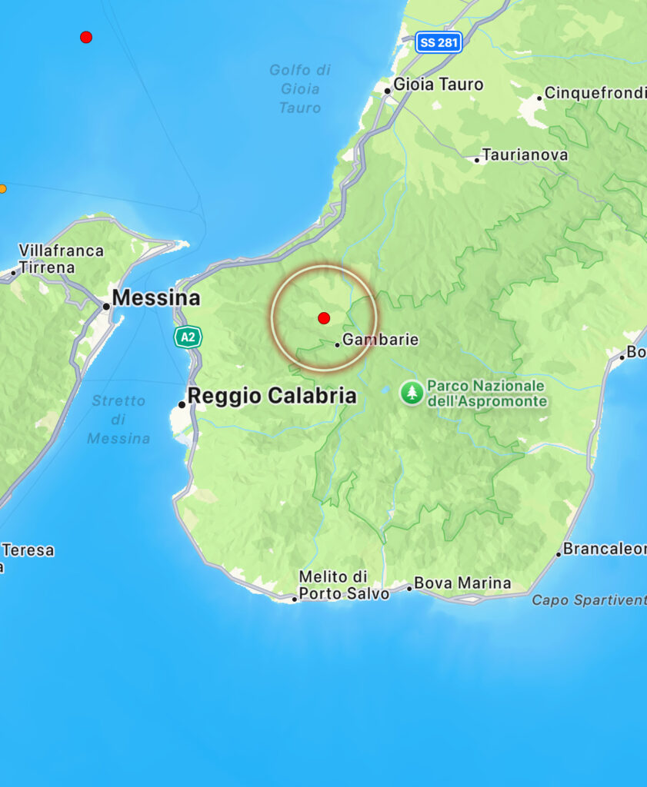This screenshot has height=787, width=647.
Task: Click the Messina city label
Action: point(156,298)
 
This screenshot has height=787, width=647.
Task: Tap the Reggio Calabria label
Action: point(272,396)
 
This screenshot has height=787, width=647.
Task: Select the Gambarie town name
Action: point(380,340)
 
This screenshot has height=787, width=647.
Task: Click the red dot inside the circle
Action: point(324,318)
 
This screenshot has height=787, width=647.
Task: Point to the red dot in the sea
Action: point(86,37)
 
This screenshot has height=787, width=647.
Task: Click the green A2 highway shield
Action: point(187,337)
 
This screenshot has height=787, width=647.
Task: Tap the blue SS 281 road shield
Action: point(439,42)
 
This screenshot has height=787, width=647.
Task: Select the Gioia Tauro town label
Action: point(438,85)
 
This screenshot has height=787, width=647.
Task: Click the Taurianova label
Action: point(525,155)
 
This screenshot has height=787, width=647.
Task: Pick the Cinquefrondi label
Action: point(595,94)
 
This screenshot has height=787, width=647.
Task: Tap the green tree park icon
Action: point(412,393)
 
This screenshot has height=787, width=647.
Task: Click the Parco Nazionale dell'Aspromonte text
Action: point(487,393)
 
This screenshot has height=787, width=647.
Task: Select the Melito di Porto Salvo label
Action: point(344,585)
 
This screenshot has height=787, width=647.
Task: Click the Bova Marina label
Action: point(462,583)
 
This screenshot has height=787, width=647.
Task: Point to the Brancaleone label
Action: point(604,549)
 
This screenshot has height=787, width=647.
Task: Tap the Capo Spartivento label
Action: point(589,600)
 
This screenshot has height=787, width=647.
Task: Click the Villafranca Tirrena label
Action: point(61,259)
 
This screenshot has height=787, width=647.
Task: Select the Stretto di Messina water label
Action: point(118,419)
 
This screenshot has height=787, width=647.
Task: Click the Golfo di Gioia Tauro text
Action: point(299,89)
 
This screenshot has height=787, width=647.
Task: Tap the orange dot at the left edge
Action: point(2,189)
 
